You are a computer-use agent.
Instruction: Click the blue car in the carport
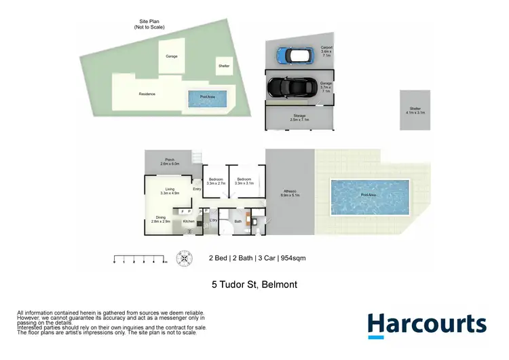click(292, 54)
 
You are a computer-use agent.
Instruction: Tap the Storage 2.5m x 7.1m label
click(299, 118)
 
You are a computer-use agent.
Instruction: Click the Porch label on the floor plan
click(170, 162)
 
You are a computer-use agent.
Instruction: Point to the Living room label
click(170, 192)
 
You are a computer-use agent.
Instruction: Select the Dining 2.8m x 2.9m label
click(161, 219)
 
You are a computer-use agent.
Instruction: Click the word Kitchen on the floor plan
click(189, 221)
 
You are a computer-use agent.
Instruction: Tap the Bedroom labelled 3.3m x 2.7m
click(216, 181)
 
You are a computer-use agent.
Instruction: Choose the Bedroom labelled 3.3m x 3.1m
click(244, 181)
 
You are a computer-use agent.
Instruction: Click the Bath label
click(238, 221)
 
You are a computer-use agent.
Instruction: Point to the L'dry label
click(212, 221)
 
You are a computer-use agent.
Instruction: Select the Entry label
click(197, 190)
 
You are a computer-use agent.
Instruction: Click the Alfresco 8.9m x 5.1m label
click(290, 193)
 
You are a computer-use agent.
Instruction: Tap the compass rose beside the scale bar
click(183, 259)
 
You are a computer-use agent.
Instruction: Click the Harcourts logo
click(427, 324)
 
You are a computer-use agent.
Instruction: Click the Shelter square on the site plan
click(224, 66)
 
